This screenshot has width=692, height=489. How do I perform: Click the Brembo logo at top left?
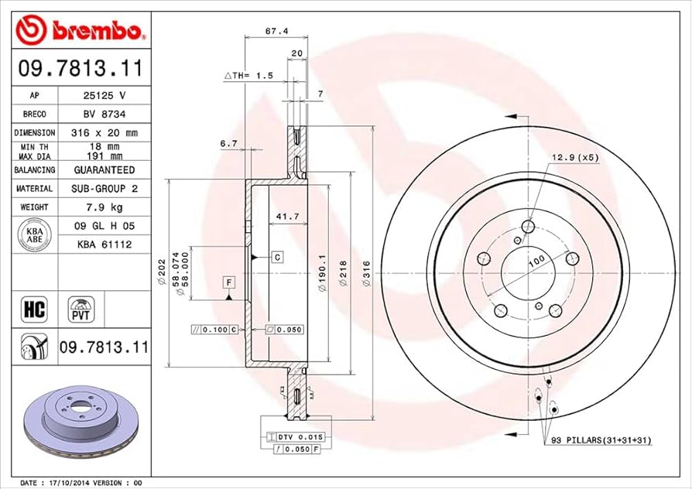(81, 29)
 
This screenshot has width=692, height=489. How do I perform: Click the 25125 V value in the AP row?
(104, 96)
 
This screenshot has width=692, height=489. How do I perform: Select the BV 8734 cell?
(104, 115)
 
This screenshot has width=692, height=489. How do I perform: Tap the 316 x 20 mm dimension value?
(104, 133)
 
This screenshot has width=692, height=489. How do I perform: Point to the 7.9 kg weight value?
(104, 207)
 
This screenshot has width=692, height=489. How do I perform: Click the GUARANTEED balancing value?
(104, 170)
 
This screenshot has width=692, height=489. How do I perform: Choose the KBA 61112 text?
(104, 244)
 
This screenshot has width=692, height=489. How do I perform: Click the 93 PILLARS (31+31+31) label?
(601, 440)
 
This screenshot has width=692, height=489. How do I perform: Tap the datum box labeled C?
(276, 255)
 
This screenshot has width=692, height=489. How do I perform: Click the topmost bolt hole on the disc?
(529, 226)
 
